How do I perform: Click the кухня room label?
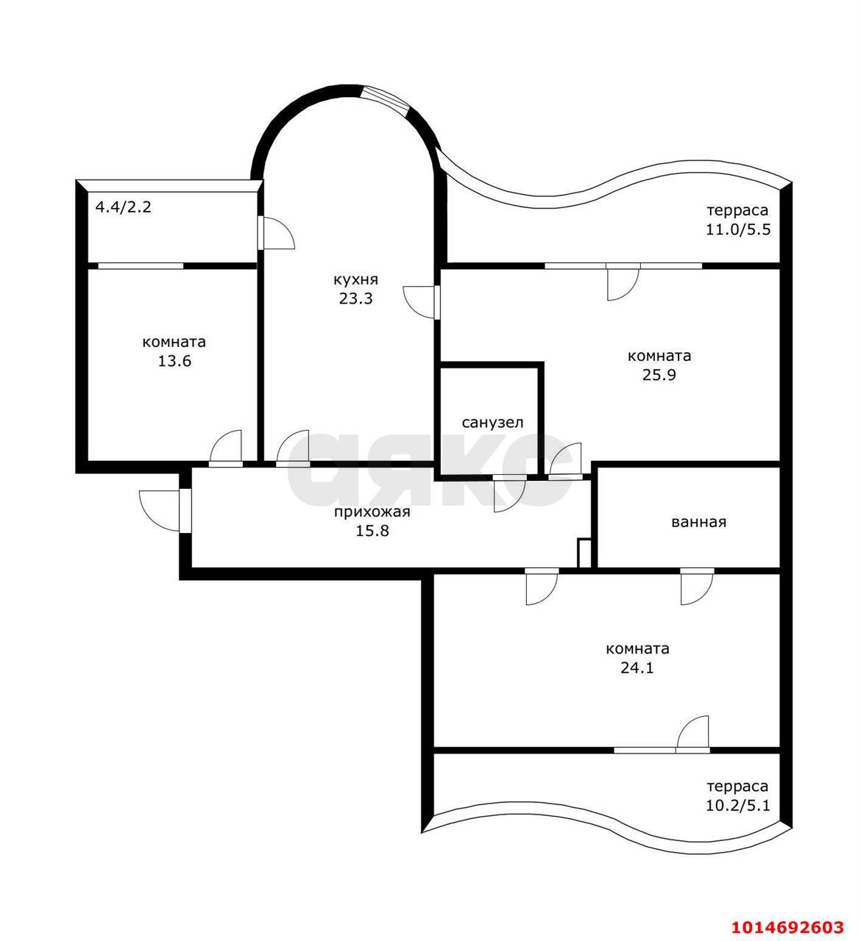pyautogui.click(x=355, y=280)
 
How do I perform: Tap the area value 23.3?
pyautogui.click(x=355, y=298)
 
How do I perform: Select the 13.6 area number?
pyautogui.click(x=174, y=361)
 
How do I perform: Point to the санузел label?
pyautogui.click(x=492, y=423)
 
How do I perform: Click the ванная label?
pyautogui.click(x=698, y=522)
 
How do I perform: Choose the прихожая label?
pyautogui.click(x=372, y=512)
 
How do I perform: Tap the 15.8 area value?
pyautogui.click(x=372, y=531)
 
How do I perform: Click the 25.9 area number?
pyautogui.click(x=659, y=375)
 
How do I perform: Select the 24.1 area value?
pyautogui.click(x=637, y=667)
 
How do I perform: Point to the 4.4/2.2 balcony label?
pyautogui.click(x=124, y=207)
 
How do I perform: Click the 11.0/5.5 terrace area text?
pyautogui.click(x=738, y=229)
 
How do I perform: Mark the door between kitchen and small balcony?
pyautogui.click(x=276, y=232)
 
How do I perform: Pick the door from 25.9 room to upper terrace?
pyautogui.click(x=623, y=282)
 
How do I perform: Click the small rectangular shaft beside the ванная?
pyautogui.click(x=584, y=553)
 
